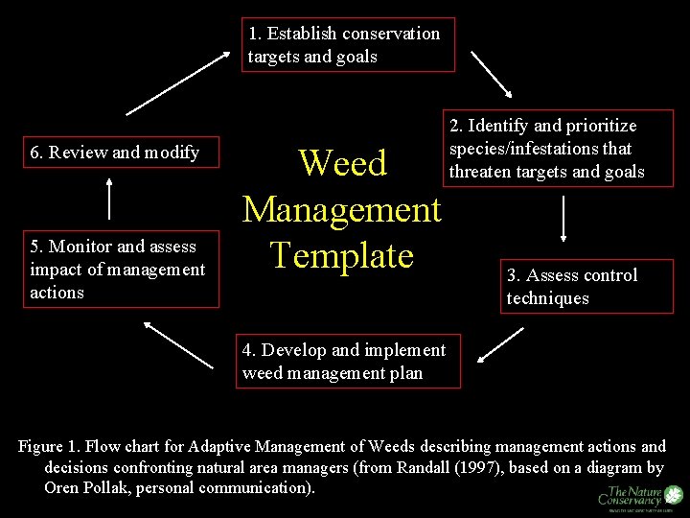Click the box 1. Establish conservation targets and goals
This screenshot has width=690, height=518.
click(347, 44)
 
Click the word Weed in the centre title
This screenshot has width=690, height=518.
click(342, 163)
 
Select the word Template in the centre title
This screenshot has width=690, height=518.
click(342, 254)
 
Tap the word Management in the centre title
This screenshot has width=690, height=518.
click(342, 209)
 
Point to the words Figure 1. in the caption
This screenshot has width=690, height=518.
click(49, 447)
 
